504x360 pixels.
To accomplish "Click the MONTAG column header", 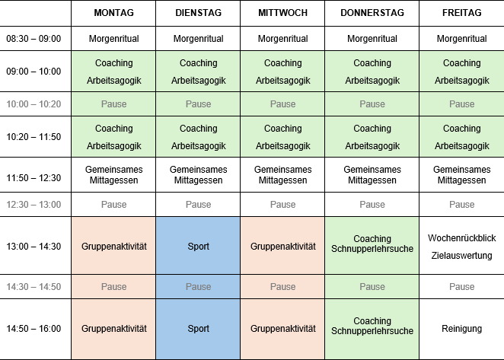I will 113,13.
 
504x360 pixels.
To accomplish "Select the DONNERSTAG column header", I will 372,13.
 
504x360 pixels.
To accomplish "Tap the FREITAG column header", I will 461,13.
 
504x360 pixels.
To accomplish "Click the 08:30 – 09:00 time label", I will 33,39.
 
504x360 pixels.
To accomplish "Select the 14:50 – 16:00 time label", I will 33,329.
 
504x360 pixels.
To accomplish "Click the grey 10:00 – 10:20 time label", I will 33,104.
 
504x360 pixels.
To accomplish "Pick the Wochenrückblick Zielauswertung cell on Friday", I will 461,247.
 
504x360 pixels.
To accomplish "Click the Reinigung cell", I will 461,329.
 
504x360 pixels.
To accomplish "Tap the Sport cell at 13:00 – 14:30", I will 198,247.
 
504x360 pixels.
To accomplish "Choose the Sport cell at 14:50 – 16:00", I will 198,329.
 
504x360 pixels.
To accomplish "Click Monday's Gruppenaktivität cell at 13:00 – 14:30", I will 113,247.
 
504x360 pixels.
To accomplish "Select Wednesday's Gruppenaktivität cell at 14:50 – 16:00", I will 282,329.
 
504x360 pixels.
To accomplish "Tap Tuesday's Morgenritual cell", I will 198,39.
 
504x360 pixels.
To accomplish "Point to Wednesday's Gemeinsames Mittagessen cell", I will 282,175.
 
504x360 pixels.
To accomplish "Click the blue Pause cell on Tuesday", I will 198,287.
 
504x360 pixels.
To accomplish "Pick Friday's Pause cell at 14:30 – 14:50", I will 461,287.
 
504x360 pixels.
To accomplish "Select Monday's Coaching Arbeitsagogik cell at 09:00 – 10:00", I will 113,72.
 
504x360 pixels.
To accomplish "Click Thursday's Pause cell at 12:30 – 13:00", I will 372,205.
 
